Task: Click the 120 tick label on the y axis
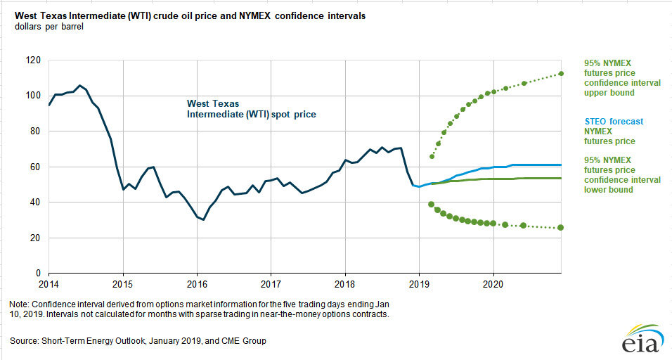pyautogui.click(x=32, y=60)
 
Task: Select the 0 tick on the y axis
pyautogui.click(x=37, y=274)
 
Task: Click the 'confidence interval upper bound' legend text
pyautogui.click(x=621, y=77)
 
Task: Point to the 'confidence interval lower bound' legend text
pyautogui.click(x=621, y=174)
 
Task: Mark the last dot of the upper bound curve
pyautogui.click(x=561, y=74)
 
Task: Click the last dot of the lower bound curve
pyautogui.click(x=561, y=227)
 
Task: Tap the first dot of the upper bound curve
pyautogui.click(x=432, y=156)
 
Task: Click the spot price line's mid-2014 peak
pyautogui.click(x=80, y=86)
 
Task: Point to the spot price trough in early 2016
pyautogui.click(x=203, y=219)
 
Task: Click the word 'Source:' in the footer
pyautogui.click(x=27, y=340)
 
